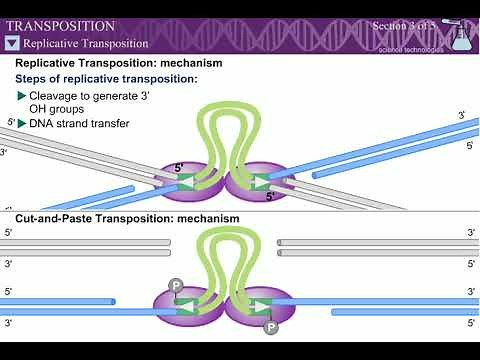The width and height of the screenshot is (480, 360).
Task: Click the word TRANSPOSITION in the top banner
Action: tap(61, 25)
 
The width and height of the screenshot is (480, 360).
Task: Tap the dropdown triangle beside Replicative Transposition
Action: tap(12, 43)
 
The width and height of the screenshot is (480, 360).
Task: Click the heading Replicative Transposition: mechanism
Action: tap(118, 63)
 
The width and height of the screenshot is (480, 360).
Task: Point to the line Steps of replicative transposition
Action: tap(106, 78)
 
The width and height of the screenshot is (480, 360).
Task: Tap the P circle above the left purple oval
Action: tap(176, 285)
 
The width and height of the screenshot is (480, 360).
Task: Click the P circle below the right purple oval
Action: tap(271, 326)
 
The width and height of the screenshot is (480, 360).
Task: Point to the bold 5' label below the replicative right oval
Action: tap(270, 197)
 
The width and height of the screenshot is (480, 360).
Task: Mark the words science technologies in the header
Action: tap(399, 46)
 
